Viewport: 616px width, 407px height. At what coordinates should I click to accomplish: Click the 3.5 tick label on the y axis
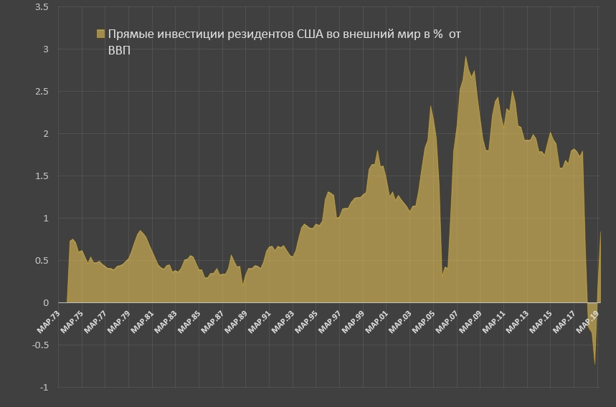click(42, 7)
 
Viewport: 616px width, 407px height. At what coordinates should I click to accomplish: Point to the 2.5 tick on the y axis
click(42, 92)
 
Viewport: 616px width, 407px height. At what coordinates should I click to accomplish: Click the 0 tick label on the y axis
click(45, 302)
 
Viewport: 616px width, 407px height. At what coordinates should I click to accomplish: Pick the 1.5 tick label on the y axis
click(42, 176)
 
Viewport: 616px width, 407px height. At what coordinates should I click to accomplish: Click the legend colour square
click(100, 34)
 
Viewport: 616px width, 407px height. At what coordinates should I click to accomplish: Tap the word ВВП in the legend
click(119, 50)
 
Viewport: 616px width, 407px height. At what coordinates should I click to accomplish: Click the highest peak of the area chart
click(465, 56)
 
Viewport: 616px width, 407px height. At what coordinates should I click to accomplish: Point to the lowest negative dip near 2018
click(594, 365)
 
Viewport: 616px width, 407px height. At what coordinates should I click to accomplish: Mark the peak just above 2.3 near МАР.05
click(430, 106)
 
